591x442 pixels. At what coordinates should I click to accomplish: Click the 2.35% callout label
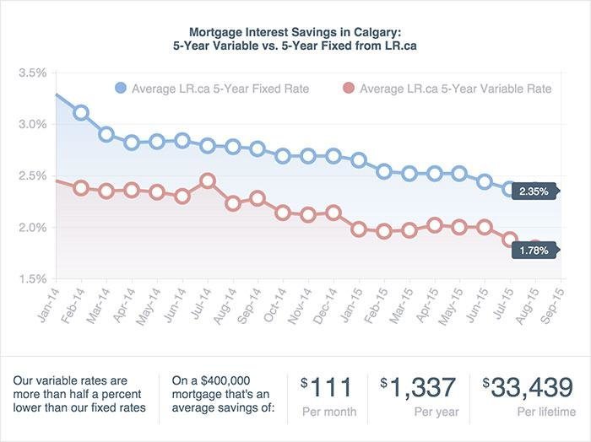(x=534, y=191)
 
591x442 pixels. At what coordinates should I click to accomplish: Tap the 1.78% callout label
(x=534, y=251)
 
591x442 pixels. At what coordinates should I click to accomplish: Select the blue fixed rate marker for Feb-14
(x=81, y=112)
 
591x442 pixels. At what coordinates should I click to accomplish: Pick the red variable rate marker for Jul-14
(x=208, y=181)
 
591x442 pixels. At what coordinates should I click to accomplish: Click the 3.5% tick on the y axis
(x=31, y=73)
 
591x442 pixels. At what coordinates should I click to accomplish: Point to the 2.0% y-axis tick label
(x=31, y=228)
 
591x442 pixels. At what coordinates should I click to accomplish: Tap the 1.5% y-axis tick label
(x=31, y=279)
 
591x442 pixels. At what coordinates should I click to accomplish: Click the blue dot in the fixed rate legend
(x=120, y=89)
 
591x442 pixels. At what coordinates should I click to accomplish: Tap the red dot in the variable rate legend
(x=349, y=89)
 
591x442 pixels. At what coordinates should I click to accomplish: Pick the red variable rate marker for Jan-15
(x=360, y=229)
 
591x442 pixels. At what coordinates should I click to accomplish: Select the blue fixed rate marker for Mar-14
(x=106, y=134)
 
